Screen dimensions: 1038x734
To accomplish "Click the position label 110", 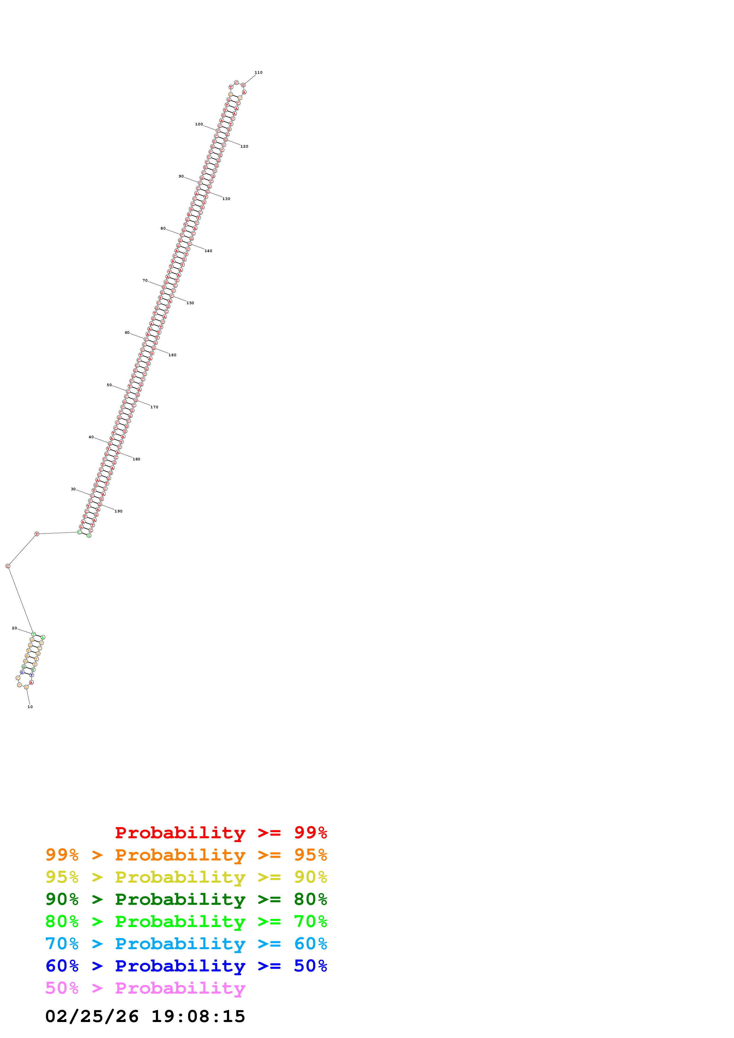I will coord(258,72).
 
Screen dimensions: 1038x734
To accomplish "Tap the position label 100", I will coord(199,124).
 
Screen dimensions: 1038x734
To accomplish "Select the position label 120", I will coord(244,146).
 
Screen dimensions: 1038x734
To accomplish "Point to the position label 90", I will coord(181,176).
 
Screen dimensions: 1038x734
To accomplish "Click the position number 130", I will coord(226,199).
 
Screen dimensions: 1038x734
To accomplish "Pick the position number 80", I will coord(163,228).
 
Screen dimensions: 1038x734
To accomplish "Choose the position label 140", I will coord(208,251).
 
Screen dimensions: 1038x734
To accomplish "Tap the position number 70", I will coord(145,280).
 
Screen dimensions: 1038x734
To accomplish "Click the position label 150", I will coord(190,303).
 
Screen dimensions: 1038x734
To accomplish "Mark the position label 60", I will coord(127,333).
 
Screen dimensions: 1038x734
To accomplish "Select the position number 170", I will coord(154,407).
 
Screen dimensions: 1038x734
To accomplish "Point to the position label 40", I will coord(91,437).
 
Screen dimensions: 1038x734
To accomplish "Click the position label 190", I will coord(118,511).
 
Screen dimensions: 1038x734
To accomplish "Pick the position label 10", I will coord(30,707).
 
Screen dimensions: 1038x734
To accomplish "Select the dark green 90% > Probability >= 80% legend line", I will coord(186,899).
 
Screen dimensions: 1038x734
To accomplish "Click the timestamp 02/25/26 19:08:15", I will coord(145,1017).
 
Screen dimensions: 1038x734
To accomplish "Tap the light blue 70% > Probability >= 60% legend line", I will coord(186,944).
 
